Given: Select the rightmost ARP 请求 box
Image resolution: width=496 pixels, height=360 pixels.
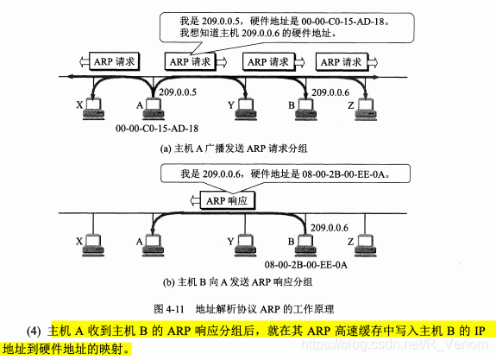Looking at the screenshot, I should click(340, 61).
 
